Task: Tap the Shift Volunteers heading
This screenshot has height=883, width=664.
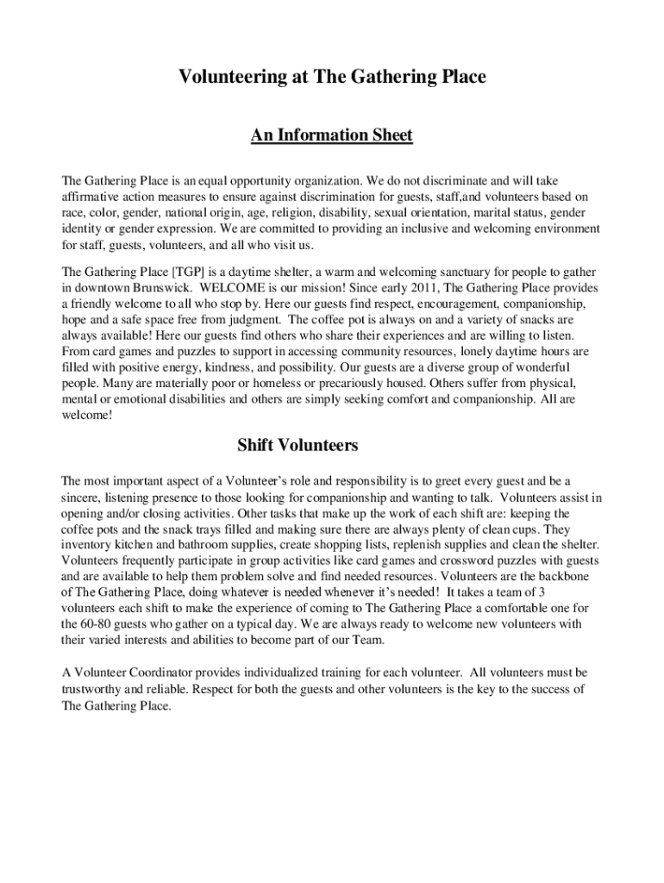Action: click(x=298, y=446)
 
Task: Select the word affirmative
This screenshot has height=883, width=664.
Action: click(x=91, y=197)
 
